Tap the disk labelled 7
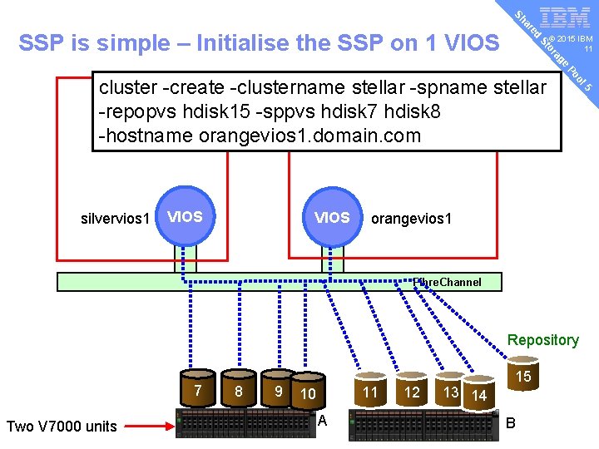197,391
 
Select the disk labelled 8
239,392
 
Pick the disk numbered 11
370,392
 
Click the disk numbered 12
412,392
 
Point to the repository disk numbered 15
523,379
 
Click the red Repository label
542,340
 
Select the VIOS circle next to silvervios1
185,218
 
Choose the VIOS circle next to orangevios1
332,218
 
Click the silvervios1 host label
115,219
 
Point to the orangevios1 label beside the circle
411,219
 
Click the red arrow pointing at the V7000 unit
150,426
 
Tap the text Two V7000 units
61,427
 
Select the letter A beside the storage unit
323,422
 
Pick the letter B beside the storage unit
511,422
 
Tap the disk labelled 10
308,394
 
